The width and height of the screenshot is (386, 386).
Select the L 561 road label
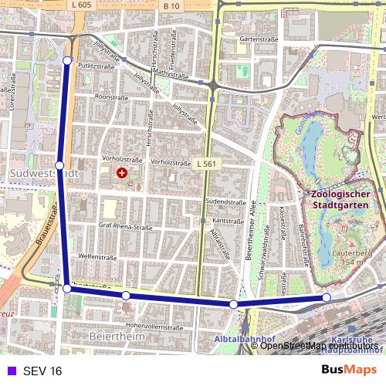click(205, 164)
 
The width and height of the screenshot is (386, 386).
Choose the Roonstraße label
click(110, 98)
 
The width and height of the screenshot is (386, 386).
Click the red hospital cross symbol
click(121, 174)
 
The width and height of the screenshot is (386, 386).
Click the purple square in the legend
click(9, 371)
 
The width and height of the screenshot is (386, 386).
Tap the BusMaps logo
click(349, 370)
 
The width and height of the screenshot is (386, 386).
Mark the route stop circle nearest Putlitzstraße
click(68, 60)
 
